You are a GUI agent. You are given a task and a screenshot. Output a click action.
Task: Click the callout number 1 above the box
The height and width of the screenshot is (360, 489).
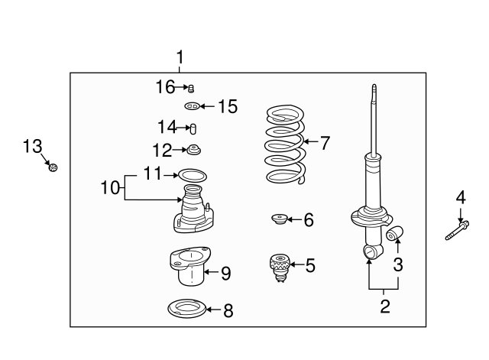point(180,57)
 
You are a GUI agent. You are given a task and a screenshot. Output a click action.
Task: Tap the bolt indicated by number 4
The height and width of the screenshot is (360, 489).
point(456,230)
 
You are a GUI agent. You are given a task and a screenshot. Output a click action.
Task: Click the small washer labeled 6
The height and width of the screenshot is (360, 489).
point(280,221)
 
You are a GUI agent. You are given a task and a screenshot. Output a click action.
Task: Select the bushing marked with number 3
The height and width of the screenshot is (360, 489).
point(395,233)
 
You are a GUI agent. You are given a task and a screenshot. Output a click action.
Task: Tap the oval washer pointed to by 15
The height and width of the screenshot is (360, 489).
point(193,106)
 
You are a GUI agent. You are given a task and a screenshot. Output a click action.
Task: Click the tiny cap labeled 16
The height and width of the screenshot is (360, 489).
point(191,88)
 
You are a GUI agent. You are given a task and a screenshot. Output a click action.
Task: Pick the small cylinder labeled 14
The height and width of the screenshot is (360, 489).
point(193,127)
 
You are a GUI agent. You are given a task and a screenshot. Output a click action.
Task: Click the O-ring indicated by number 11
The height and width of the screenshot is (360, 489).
point(193,175)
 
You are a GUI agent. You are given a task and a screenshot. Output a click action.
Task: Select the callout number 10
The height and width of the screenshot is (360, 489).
point(110,186)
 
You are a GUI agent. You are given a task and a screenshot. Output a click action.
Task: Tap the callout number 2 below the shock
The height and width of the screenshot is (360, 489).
point(384,307)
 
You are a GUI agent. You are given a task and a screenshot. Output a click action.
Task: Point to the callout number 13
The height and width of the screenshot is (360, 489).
point(32,146)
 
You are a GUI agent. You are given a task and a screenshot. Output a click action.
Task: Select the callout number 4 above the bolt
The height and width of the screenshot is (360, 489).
point(460,199)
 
